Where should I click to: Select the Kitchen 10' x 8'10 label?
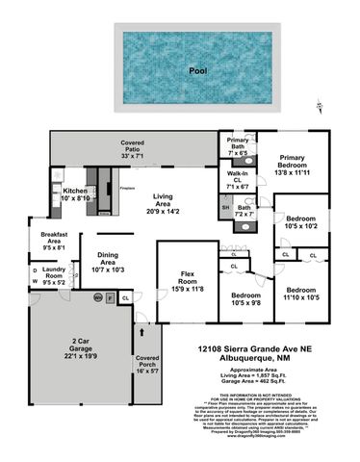click(x=75, y=194)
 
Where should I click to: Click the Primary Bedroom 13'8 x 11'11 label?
click(x=298, y=167)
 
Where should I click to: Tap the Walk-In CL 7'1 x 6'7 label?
click(x=236, y=181)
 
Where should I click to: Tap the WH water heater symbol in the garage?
click(x=97, y=299)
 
